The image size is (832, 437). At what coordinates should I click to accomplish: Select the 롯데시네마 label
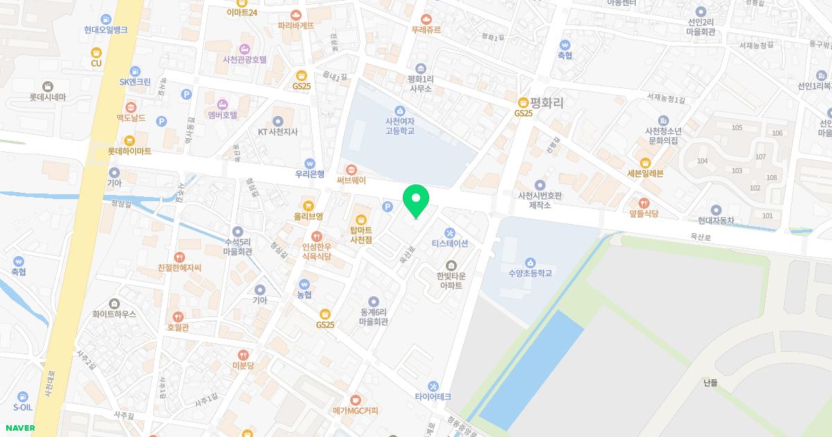coord(48,97)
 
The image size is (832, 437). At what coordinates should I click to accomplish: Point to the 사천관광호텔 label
coord(245,60)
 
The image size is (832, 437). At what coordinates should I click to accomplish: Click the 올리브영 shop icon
coord(309,205)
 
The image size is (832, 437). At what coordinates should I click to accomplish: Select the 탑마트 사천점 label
coord(361,234)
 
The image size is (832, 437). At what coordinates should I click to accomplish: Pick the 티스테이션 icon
coord(450,232)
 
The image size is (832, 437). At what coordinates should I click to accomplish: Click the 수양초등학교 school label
coord(530,273)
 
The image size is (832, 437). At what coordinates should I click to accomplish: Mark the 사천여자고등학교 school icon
coord(399,110)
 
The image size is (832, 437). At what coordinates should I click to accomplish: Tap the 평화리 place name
coord(547,102)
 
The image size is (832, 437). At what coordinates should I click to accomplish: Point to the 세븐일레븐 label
coord(645,173)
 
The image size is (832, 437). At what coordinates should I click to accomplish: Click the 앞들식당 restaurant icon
coord(644,203)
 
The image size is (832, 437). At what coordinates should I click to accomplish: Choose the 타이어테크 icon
coord(433,386)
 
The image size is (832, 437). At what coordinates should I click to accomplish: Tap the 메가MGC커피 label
coord(355,411)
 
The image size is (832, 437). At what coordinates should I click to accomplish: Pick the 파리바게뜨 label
coord(296,25)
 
